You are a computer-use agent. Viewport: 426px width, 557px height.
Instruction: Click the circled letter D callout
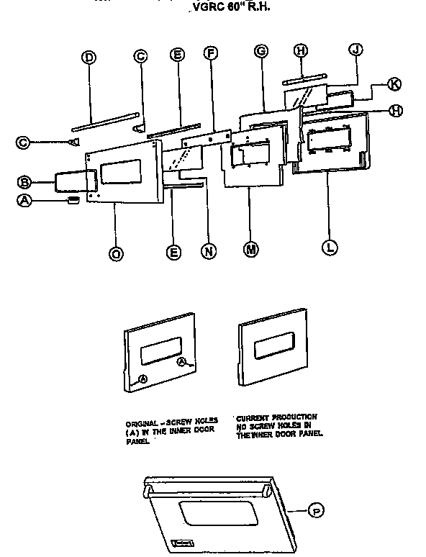[x=89, y=58]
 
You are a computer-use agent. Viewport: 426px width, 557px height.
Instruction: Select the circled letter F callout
[x=210, y=53]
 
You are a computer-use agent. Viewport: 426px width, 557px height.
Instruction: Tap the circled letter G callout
[x=261, y=50]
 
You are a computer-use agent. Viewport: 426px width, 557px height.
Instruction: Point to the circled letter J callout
[x=354, y=49]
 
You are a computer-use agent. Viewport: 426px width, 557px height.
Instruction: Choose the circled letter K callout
[x=394, y=84]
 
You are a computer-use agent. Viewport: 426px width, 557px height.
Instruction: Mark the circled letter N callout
[x=209, y=252]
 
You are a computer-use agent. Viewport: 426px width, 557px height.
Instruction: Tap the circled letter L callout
[x=330, y=247]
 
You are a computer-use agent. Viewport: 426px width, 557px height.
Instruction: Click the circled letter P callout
[x=314, y=511]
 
